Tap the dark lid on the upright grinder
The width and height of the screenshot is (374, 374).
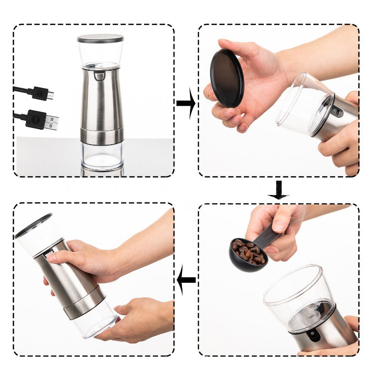pyautogui.click(x=100, y=38)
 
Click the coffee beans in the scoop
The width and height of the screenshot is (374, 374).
pyautogui.click(x=248, y=251)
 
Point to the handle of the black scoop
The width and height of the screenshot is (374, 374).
pyautogui.click(x=271, y=233)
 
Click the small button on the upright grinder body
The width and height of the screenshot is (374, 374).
pyautogui.click(x=100, y=76)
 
